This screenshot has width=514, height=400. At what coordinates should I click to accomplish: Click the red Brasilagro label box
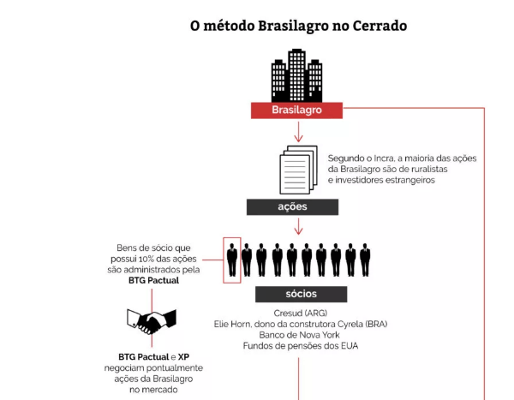(x=296, y=110)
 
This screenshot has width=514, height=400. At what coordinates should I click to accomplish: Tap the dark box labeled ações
(x=292, y=207)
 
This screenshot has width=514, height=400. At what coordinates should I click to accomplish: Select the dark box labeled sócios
(x=302, y=294)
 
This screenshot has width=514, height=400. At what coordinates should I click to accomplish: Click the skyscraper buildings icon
(x=296, y=75)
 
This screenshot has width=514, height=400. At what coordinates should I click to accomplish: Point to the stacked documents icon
(x=298, y=170)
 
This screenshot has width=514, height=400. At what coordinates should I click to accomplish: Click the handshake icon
(x=152, y=321)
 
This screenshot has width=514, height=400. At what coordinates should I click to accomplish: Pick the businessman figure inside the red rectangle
(x=232, y=260)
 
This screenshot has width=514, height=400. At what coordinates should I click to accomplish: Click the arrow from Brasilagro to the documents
(x=298, y=132)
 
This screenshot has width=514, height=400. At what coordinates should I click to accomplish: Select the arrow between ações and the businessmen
(x=298, y=227)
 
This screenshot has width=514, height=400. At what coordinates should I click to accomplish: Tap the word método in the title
(x=229, y=26)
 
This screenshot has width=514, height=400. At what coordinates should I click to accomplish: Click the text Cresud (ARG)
(x=301, y=313)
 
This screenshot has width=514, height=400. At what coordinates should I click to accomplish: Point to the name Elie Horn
(x=232, y=325)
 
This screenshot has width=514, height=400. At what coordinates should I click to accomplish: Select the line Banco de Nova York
(x=299, y=335)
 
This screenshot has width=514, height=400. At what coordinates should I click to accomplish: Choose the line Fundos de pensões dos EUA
(x=301, y=346)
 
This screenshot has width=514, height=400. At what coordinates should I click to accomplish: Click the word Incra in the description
(x=384, y=158)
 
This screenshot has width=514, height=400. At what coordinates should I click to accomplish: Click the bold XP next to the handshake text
(x=183, y=357)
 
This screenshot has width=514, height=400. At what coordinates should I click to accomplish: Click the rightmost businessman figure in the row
(x=365, y=260)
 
